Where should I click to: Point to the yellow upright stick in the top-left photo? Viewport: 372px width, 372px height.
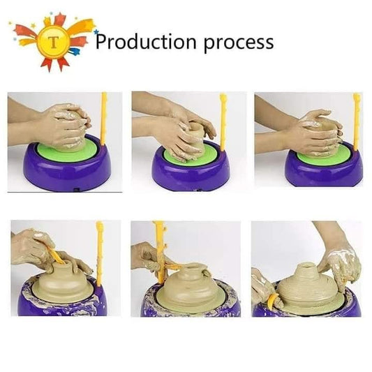coord(105,119)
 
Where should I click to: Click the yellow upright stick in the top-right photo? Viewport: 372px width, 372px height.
coord(357,119)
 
